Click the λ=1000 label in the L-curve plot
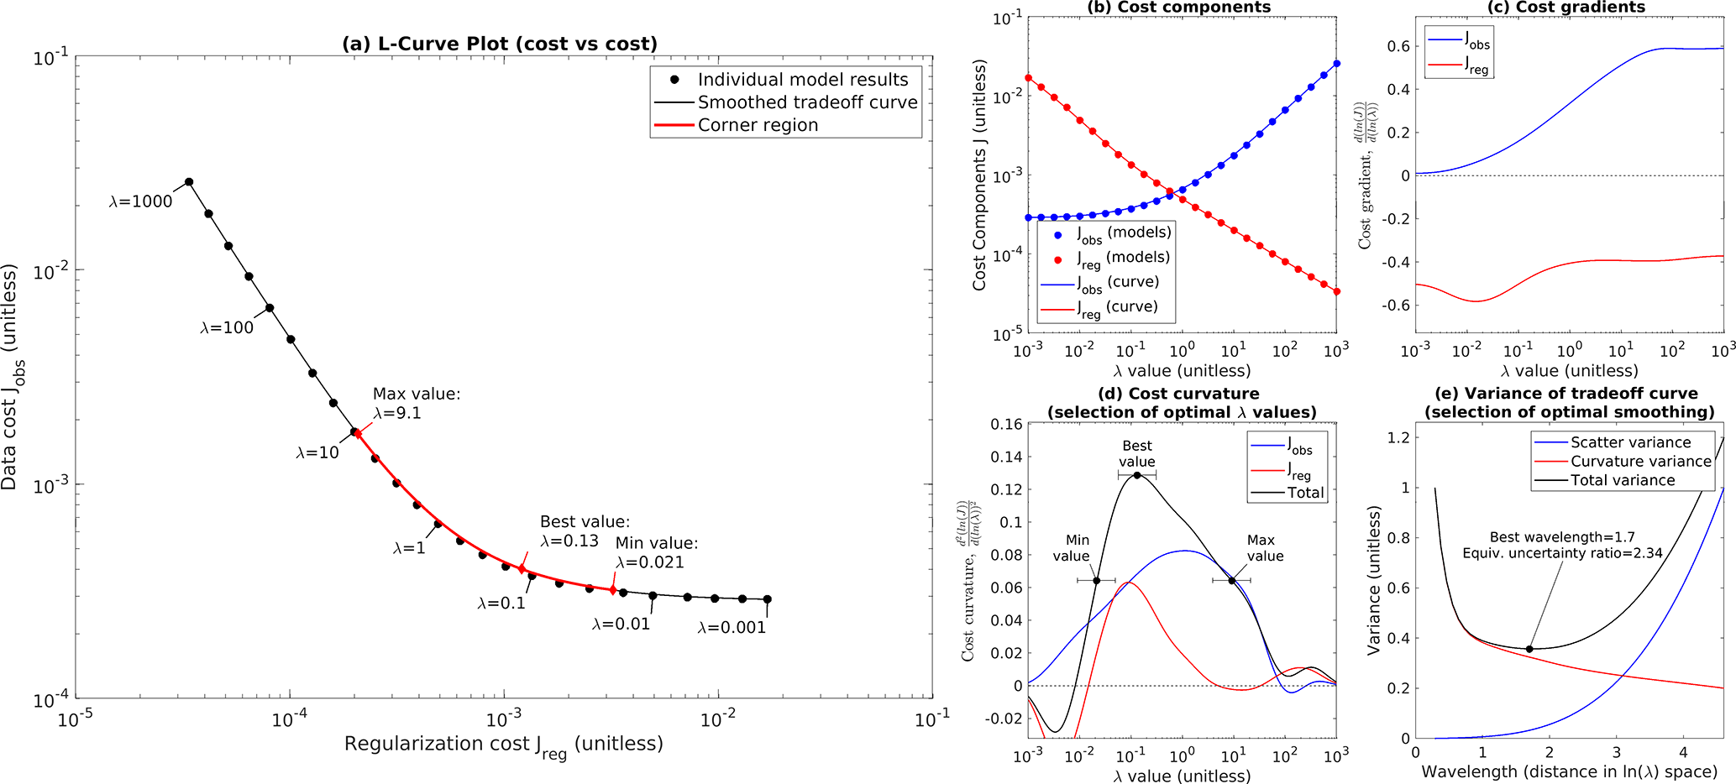pos(140,201)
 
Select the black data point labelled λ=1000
pos(189,182)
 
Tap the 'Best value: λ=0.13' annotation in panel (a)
pos(585,531)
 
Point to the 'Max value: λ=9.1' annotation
pos(417,404)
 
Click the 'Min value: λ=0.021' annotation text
pos(656,553)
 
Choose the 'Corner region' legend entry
pos(758,125)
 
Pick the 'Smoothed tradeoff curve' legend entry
pos(807,102)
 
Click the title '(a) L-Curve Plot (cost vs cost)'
pos(499,44)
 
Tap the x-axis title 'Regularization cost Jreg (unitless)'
pos(503,745)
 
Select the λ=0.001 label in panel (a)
pos(732,628)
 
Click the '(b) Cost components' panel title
pos(1178,8)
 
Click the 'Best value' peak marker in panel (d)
pos(1137,475)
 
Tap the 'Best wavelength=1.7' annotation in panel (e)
pos(1561,537)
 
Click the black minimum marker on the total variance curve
pos(1529,649)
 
